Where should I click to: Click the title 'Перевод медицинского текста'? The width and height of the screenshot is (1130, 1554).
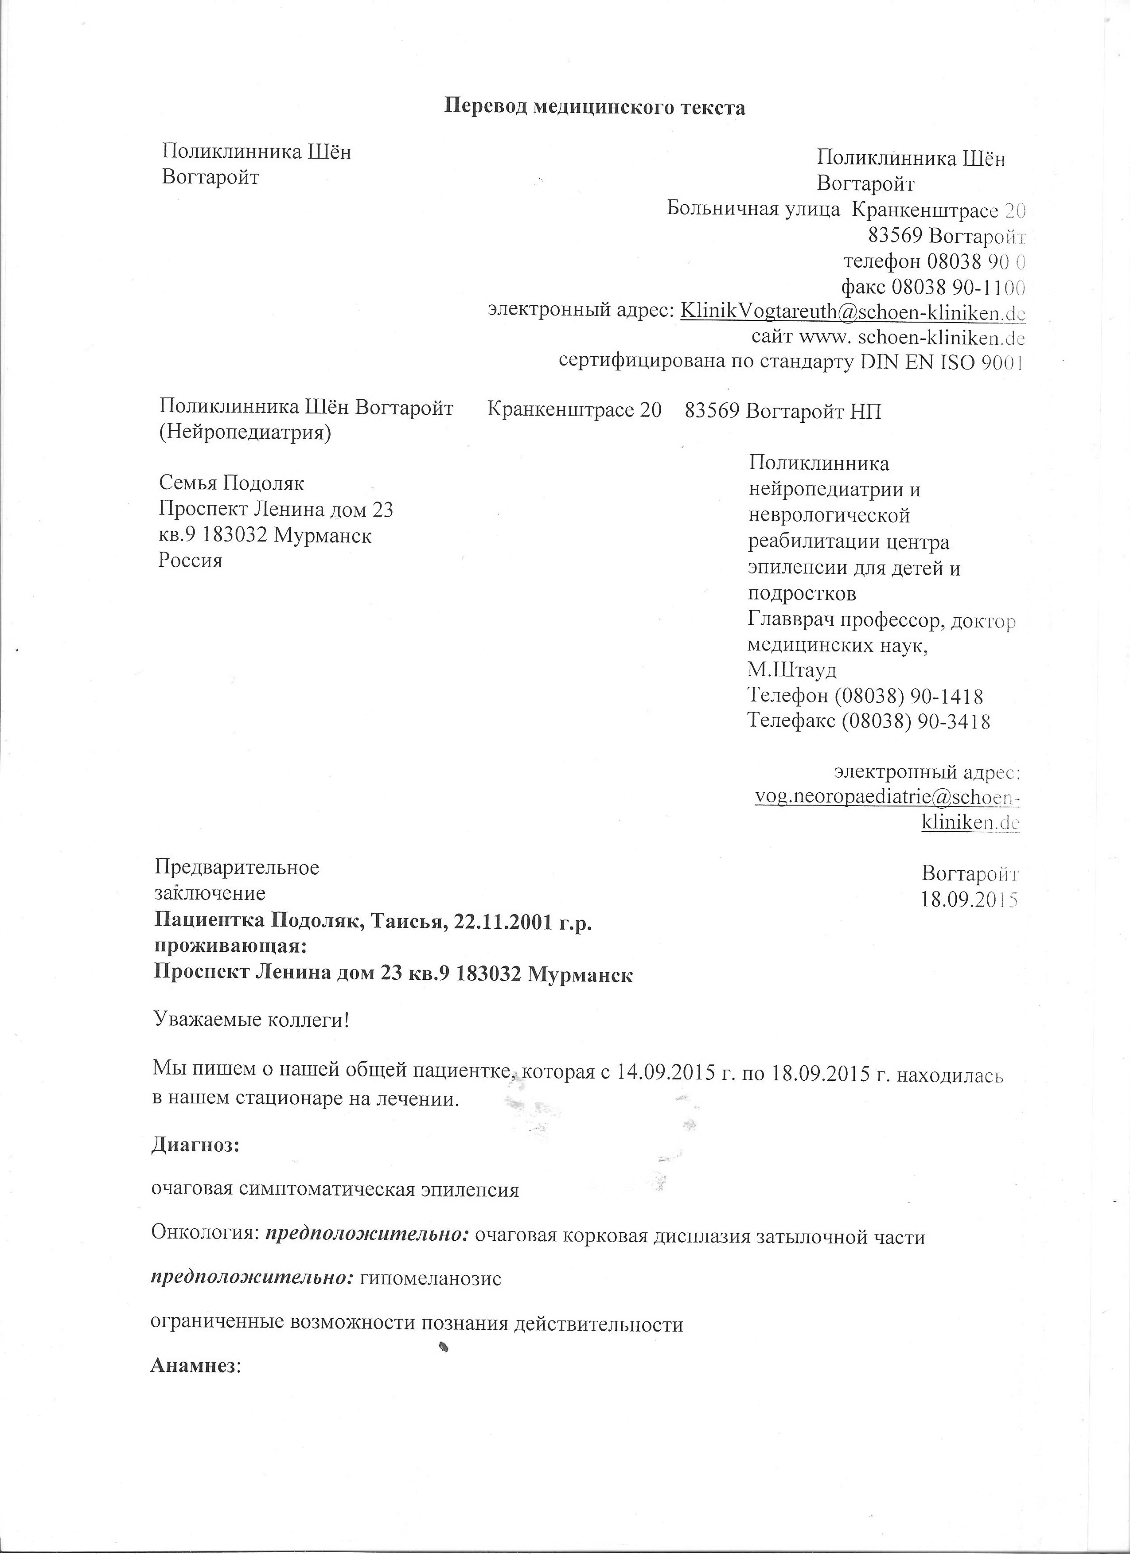(x=595, y=108)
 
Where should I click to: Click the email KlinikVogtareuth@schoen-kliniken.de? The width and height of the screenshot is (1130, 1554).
(x=852, y=312)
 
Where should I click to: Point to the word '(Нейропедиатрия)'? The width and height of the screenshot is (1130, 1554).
(x=245, y=434)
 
